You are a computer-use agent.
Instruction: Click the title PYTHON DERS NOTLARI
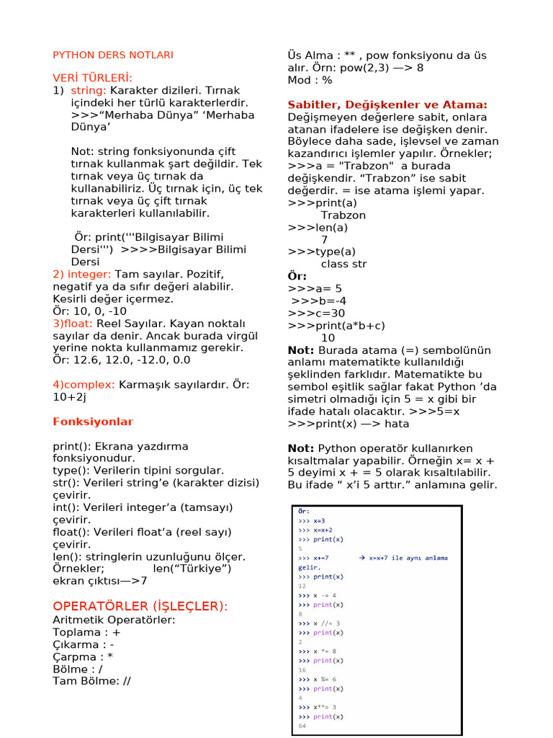pyautogui.click(x=113, y=55)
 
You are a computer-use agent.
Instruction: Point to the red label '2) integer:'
pyautogui.click(x=82, y=274)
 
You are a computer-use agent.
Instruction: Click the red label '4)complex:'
pyautogui.click(x=84, y=384)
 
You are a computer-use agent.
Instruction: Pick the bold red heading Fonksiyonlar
pyautogui.click(x=93, y=422)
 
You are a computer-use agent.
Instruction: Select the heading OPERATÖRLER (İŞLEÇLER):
pyautogui.click(x=140, y=606)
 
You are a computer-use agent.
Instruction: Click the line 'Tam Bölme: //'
pyautogui.click(x=91, y=680)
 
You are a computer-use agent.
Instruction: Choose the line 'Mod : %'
pyautogui.click(x=310, y=80)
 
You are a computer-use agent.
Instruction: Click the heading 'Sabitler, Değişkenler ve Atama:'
pyautogui.click(x=387, y=105)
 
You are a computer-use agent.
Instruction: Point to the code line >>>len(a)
pyautogui.click(x=318, y=227)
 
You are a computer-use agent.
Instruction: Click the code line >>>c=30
pyautogui.click(x=316, y=313)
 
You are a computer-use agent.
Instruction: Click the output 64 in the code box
pyautogui.click(x=302, y=726)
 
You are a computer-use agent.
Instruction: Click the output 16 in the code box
pyautogui.click(x=302, y=670)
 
